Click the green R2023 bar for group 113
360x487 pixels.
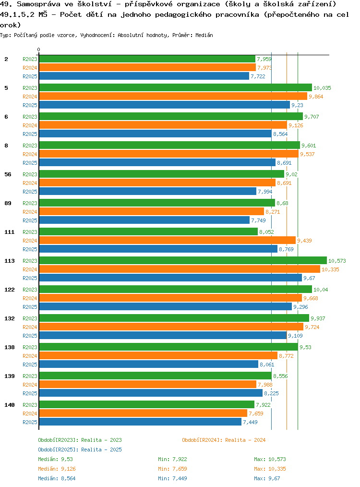(182, 261)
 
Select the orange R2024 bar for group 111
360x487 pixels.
(167, 241)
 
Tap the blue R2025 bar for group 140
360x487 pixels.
(140, 422)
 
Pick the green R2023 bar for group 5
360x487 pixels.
(175, 88)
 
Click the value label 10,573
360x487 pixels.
(337, 261)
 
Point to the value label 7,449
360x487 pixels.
(251, 422)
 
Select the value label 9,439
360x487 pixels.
(305, 241)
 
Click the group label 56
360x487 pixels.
(8, 174)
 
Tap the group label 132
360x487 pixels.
(9, 318)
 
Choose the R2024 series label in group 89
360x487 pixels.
(30, 212)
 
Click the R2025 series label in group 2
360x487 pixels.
(30, 76)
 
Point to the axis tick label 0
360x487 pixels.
(39, 49)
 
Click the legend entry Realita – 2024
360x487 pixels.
(224, 440)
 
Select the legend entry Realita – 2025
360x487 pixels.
(80, 450)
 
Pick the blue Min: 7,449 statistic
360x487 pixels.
(172, 478)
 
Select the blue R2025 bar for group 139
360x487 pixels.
(150, 393)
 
